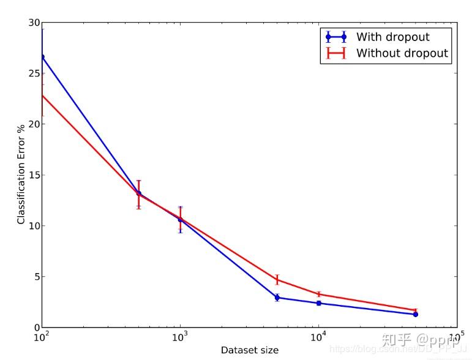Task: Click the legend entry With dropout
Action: click(392, 37)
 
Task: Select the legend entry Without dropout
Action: click(402, 53)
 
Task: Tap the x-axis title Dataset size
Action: click(249, 350)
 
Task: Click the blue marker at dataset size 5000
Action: click(277, 298)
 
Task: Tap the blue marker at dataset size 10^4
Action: click(319, 303)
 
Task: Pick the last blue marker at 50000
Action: click(415, 314)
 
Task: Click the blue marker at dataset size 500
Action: click(138, 193)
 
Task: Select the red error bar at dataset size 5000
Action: click(277, 280)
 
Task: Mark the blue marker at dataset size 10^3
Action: click(180, 219)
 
